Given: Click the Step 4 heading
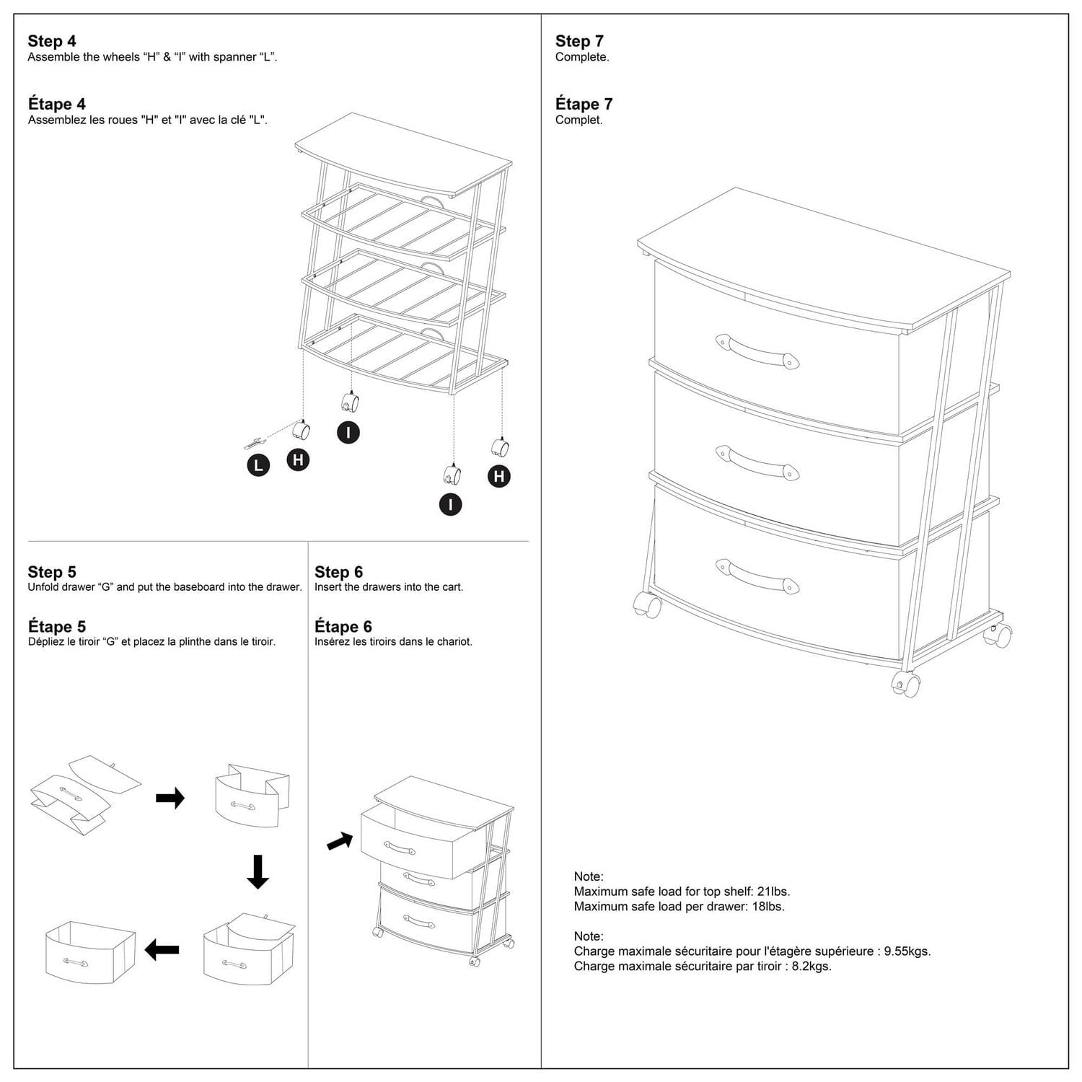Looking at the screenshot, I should pyautogui.click(x=52, y=41).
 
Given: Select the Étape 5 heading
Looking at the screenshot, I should pyautogui.click(x=57, y=626).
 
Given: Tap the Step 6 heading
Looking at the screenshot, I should pyautogui.click(x=338, y=572).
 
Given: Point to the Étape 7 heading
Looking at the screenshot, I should pyautogui.click(x=584, y=104).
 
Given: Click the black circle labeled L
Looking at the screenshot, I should pyautogui.click(x=258, y=465).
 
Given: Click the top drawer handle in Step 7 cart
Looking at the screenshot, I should pyautogui.click(x=757, y=351).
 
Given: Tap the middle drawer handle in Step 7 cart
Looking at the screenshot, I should pyautogui.click(x=757, y=462).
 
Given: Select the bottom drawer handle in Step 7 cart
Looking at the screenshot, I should pyautogui.click(x=757, y=576).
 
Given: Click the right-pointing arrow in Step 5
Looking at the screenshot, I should pyautogui.click(x=170, y=798).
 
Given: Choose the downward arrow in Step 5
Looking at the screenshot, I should pyautogui.click(x=258, y=871).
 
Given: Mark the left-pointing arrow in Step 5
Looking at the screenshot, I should pyautogui.click(x=162, y=949).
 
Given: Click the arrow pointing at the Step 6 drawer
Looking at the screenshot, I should pyautogui.click(x=340, y=841).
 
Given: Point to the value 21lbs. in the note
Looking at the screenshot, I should pyautogui.click(x=773, y=892).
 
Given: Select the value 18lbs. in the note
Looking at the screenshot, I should pyautogui.click(x=768, y=907).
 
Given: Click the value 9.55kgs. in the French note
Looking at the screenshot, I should pyautogui.click(x=907, y=951).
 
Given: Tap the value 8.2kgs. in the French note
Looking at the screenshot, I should pyautogui.click(x=811, y=967).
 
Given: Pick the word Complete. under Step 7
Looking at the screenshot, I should pyautogui.click(x=582, y=57).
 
